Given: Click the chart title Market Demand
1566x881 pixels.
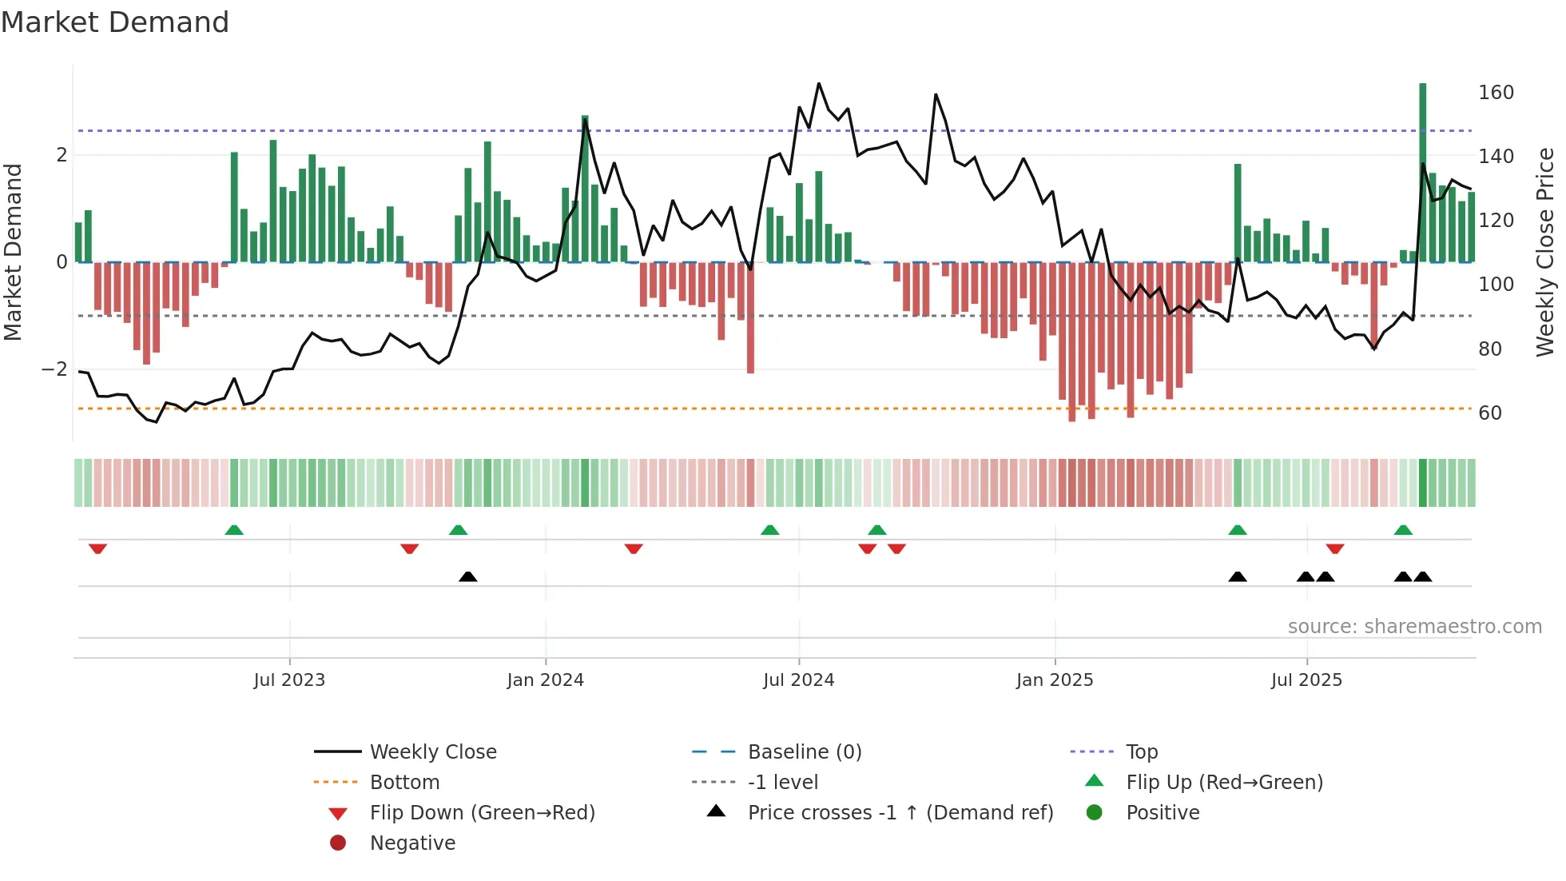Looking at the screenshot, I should tap(115, 22).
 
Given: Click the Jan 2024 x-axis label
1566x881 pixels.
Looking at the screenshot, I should tap(545, 680).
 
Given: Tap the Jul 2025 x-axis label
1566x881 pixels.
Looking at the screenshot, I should tap(1306, 680).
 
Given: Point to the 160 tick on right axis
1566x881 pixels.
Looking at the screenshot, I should tap(1496, 93).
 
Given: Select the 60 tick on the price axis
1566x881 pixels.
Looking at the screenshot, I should tap(1490, 413).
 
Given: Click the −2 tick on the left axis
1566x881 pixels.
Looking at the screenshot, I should tap(54, 369).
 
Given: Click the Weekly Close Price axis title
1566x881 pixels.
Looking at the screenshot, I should tap(1545, 252).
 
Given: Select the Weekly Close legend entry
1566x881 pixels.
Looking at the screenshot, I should tap(432, 752).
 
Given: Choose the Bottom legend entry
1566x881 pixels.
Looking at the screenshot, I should tap(404, 783).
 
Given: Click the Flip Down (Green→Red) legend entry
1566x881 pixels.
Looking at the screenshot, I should tap(482, 813).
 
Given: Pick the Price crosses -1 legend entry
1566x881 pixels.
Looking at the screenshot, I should tap(900, 813).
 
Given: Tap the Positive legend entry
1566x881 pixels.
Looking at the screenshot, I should tap(1162, 813).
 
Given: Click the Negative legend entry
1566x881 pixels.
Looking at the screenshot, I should tap(412, 843).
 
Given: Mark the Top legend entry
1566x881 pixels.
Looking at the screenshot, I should tap(1141, 752).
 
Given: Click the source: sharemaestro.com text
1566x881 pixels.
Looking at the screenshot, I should tap(1414, 627).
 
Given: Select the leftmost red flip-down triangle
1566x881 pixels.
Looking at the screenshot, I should tap(97, 548).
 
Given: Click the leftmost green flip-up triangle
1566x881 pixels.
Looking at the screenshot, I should tap(234, 530).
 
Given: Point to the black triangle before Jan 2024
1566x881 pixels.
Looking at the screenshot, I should tap(468, 576).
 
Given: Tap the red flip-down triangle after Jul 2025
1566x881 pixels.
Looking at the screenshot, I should tap(1334, 548).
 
